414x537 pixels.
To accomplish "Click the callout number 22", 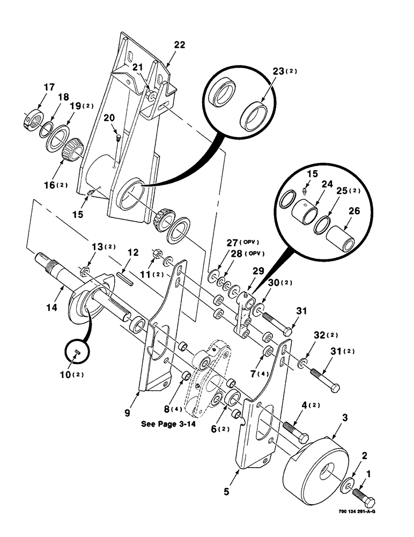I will [x=179, y=45].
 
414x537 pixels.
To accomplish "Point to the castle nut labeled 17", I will [x=33, y=117].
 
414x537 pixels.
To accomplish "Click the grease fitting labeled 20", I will [x=117, y=139].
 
